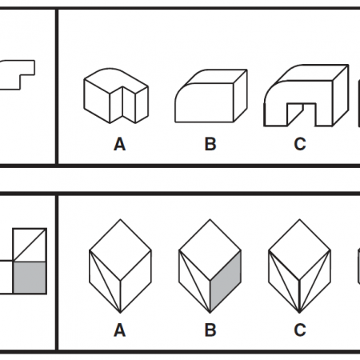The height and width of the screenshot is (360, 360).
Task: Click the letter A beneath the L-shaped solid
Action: (119, 144)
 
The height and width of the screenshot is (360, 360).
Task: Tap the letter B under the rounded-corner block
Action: (210, 144)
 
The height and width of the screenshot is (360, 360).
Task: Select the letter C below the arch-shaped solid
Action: (300, 144)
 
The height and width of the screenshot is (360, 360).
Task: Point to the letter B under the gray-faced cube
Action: (210, 330)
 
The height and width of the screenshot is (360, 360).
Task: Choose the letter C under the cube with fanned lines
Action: (300, 330)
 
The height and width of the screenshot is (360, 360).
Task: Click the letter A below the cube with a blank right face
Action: (119, 330)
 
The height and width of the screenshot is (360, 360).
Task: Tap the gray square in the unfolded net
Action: (30, 278)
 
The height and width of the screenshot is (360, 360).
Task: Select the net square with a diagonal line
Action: (30, 245)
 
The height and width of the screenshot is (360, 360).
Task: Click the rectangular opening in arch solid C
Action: (302, 114)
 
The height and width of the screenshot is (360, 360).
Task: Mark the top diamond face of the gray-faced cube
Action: (210, 250)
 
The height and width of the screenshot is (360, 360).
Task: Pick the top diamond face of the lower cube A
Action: (120, 250)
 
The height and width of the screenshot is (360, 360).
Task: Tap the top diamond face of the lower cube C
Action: (299, 250)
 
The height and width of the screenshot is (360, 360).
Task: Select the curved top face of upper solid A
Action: (116, 80)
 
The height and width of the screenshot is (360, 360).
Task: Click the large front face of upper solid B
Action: (205, 102)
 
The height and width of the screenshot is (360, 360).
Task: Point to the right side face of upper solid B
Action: (241, 95)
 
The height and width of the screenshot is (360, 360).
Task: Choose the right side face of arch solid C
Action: (341, 95)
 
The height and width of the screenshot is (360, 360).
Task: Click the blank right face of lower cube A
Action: (136, 282)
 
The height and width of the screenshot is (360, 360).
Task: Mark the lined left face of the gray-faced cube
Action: (194, 282)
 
